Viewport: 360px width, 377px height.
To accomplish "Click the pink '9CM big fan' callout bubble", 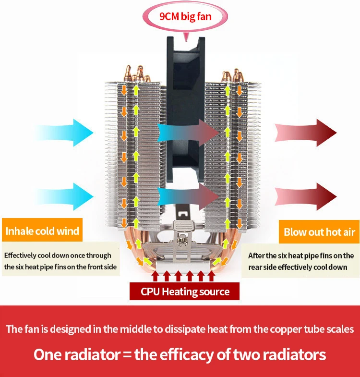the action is click(x=185, y=17).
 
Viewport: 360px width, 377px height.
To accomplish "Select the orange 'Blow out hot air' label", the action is click(x=319, y=232).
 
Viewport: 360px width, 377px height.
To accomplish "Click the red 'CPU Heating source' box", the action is click(x=185, y=292).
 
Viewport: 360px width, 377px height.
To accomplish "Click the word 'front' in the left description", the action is click(x=87, y=267).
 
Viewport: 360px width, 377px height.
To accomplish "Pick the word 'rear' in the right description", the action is click(x=257, y=267).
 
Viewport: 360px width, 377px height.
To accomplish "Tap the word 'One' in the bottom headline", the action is click(x=49, y=355).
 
